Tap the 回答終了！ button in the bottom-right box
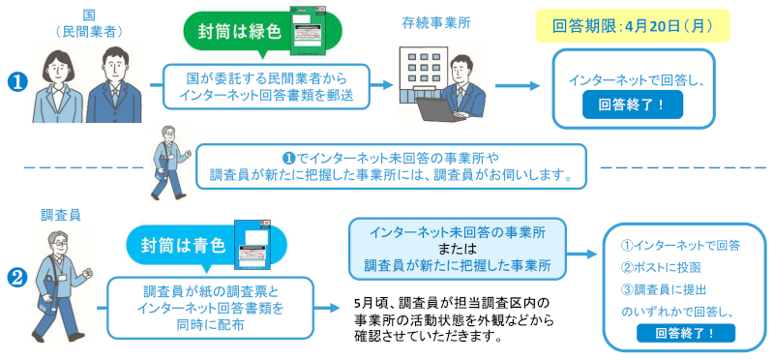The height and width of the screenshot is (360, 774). click(x=686, y=333)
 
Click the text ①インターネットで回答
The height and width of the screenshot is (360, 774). click(x=680, y=245)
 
